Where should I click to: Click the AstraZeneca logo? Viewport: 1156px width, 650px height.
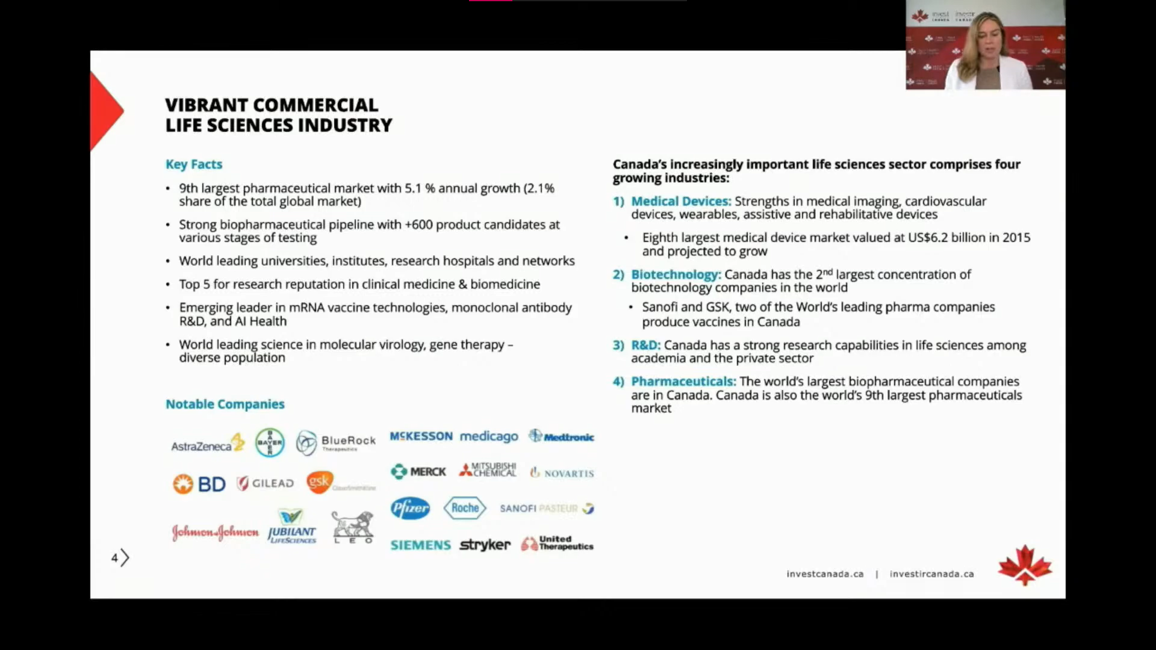208,444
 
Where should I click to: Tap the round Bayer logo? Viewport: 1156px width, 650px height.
270,442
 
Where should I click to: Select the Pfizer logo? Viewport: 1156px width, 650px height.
410,509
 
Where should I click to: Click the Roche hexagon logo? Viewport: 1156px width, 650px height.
465,508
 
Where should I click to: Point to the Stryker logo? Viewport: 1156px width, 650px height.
485,545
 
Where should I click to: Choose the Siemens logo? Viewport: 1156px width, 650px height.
420,545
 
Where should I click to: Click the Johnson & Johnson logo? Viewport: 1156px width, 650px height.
215,532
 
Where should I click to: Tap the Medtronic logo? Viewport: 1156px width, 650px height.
561,436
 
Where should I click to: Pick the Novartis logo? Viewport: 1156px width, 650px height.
562,473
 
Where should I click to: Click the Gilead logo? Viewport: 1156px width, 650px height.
266,483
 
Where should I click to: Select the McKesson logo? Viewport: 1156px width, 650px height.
421,436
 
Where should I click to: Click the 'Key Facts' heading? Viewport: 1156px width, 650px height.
194,164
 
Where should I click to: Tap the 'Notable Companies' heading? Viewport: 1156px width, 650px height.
225,404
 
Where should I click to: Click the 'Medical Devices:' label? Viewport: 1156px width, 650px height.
681,201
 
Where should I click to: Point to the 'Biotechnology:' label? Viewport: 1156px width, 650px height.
676,274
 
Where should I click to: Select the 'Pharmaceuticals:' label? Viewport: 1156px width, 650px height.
683,382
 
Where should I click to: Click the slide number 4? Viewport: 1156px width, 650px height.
114,558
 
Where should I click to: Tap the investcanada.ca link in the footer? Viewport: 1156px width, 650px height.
825,574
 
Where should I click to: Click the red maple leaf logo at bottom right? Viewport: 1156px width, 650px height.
1025,565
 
